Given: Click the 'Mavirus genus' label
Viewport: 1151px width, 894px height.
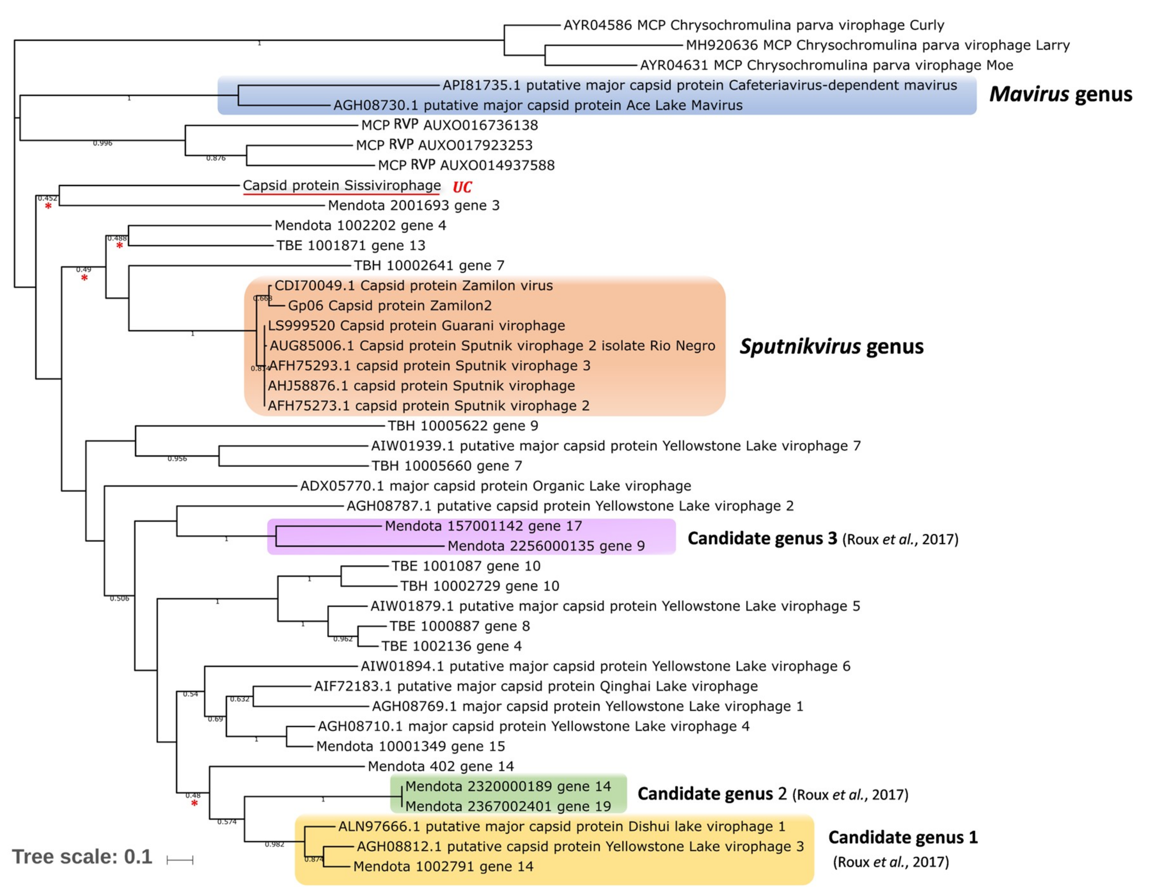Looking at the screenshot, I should (1060, 94).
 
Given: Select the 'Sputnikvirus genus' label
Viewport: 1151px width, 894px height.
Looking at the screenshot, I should (831, 346).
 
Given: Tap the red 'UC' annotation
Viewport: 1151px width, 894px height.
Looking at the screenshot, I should (462, 187).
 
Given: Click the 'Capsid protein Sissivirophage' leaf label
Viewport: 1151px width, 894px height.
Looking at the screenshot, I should (341, 185).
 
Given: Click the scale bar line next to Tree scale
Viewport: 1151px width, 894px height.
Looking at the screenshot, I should (180, 860).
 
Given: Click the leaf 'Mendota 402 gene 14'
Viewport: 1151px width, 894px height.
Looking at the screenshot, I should (441, 766).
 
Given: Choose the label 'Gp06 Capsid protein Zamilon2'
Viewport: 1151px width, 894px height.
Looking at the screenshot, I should (389, 306).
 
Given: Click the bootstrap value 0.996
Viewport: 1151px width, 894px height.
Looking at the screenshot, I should (102, 143).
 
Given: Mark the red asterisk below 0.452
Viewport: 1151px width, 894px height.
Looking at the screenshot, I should (48, 207).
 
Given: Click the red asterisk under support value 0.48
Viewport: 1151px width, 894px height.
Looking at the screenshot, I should (194, 803).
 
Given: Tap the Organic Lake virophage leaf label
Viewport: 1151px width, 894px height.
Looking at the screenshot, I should (495, 486).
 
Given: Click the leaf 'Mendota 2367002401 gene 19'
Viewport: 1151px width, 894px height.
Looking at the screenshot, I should (508, 806).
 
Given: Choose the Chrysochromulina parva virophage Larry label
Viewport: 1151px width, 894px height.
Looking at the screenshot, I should (878, 45).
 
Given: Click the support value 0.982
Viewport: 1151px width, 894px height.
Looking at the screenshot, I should (274, 844).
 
